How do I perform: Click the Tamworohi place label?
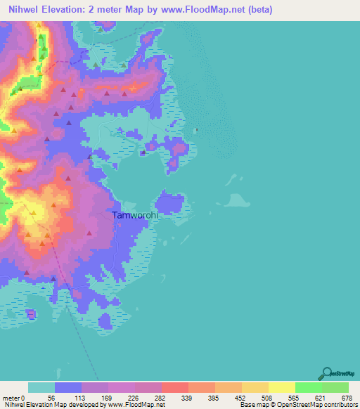tap(136, 216)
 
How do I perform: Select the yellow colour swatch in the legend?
tap(281, 387)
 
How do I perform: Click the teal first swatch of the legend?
tap(41, 387)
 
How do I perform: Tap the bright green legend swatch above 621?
tap(308, 387)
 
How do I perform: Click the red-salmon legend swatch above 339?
tap(175, 387)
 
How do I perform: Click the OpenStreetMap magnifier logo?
tap(326, 373)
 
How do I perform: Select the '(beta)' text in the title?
tap(257, 10)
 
